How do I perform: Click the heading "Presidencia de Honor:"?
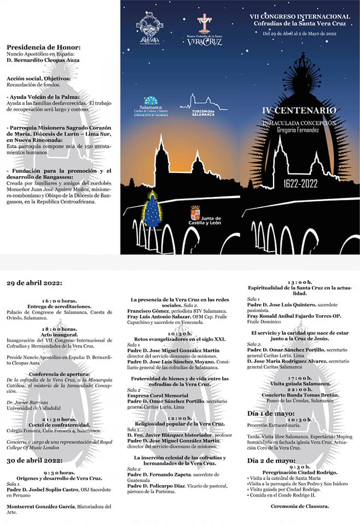tap(43, 48)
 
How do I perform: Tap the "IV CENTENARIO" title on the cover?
tap(299, 110)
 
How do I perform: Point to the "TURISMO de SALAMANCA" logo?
tap(204, 106)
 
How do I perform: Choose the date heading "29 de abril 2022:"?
tap(34, 283)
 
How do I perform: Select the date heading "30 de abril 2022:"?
tap(34, 461)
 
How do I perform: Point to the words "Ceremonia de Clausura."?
tap(300, 506)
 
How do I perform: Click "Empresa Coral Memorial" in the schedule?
tap(158, 395)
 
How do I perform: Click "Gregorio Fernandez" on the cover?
tap(299, 130)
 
